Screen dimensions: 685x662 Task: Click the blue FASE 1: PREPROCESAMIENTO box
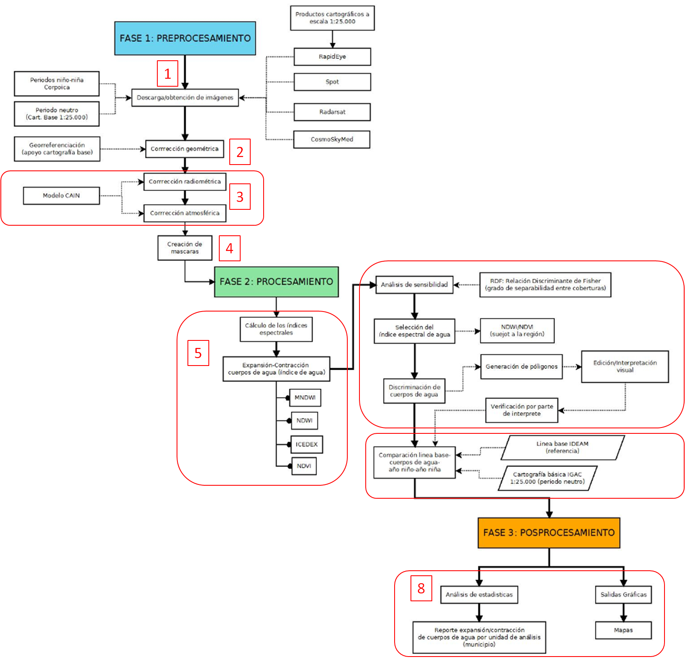click(185, 38)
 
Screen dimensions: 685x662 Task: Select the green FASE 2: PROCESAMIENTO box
click(276, 282)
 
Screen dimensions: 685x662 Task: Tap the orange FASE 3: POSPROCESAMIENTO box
click(549, 533)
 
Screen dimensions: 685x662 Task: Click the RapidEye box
click(332, 57)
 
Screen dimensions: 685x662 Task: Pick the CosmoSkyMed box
click(332, 139)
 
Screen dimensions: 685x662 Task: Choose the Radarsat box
click(332, 112)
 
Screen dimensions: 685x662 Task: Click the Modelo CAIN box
click(61, 196)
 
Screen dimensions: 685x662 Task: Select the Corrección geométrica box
click(185, 149)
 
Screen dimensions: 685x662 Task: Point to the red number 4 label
click(229, 248)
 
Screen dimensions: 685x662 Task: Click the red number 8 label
click(421, 588)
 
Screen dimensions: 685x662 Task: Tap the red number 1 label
click(167, 74)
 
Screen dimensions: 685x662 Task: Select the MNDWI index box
click(305, 397)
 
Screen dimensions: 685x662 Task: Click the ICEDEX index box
click(307, 444)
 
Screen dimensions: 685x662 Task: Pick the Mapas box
click(623, 630)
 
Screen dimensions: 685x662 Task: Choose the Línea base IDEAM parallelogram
click(562, 447)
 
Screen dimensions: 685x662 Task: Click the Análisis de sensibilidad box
click(414, 285)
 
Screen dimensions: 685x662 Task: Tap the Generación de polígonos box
click(521, 367)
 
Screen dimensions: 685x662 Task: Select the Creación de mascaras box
click(185, 248)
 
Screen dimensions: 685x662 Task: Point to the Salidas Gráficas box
click(623, 595)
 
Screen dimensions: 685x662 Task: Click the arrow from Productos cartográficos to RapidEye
click(332, 39)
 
